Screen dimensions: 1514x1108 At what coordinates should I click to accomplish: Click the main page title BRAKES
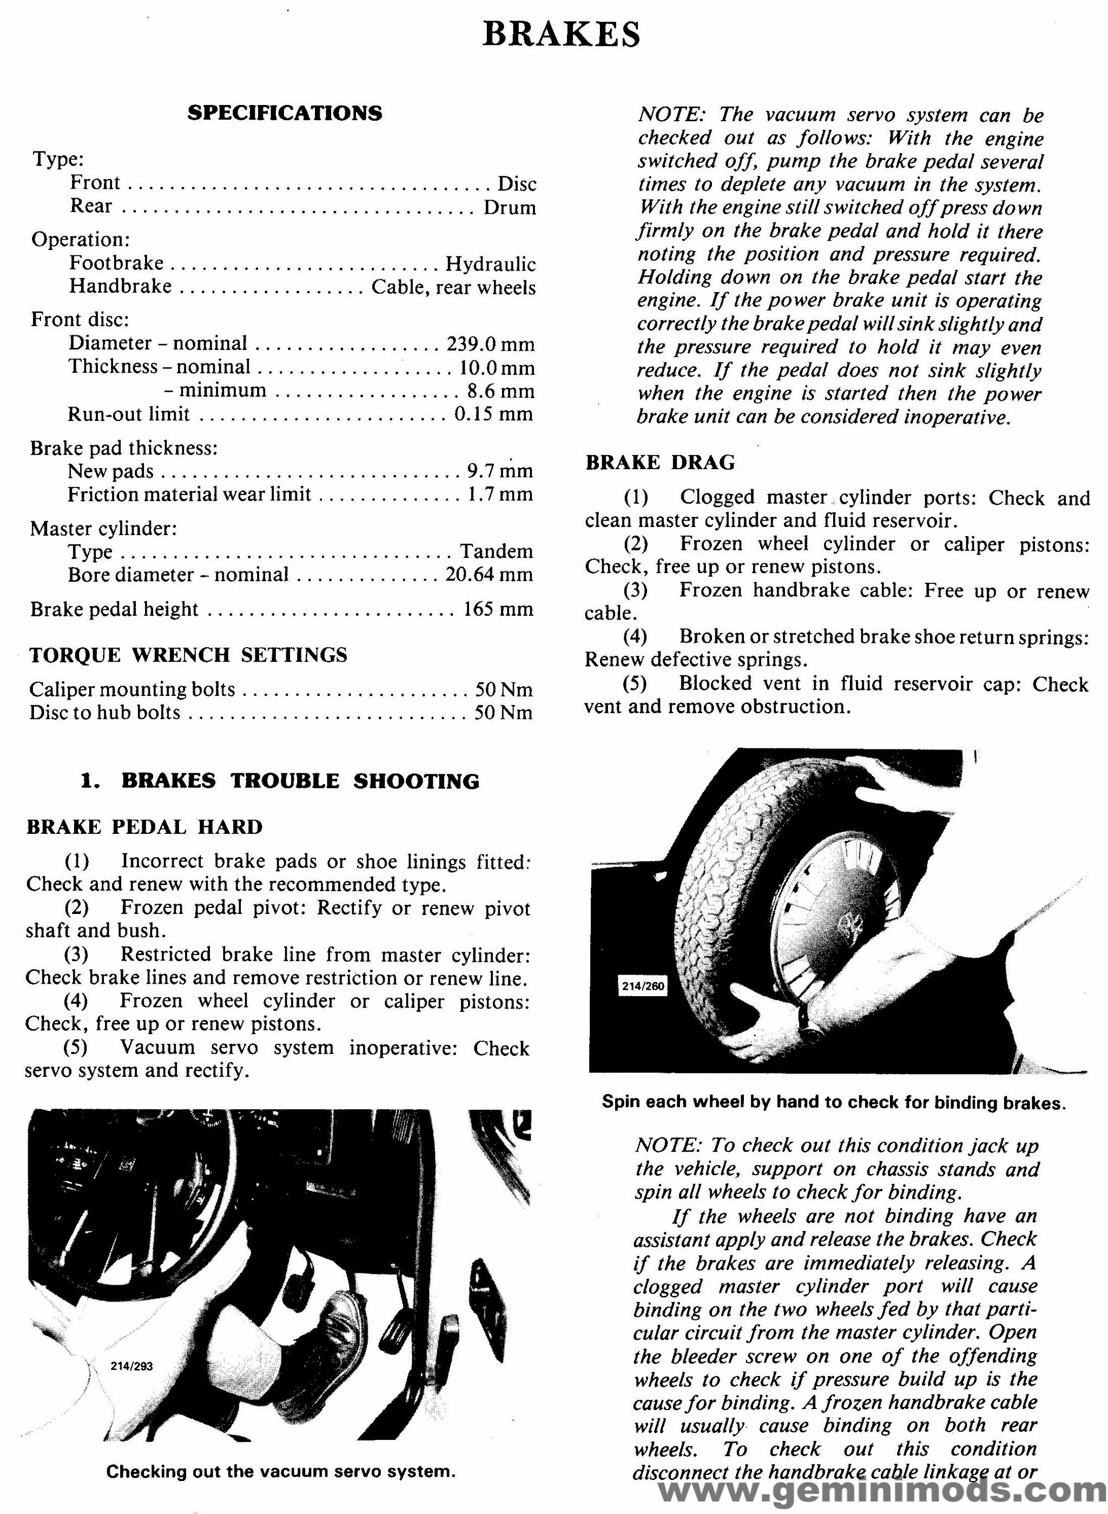click(x=560, y=34)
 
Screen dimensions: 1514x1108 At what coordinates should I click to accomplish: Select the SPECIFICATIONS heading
click(x=285, y=113)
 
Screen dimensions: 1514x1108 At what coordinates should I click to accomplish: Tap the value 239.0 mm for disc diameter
click(x=490, y=344)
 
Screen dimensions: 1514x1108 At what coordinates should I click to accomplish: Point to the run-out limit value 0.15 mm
click(x=493, y=414)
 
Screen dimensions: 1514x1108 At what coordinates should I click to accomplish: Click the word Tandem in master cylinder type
click(x=496, y=551)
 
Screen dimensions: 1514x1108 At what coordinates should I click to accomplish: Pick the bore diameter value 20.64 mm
click(x=489, y=575)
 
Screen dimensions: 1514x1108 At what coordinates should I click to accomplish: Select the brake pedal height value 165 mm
click(x=498, y=609)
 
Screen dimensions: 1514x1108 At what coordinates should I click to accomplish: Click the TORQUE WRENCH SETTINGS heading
click(x=188, y=655)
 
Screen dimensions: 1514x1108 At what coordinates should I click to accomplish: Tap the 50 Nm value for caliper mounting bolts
click(x=504, y=689)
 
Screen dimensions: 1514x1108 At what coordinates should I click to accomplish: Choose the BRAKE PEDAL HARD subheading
click(x=144, y=827)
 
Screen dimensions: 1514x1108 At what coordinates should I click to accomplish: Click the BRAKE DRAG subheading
click(x=660, y=463)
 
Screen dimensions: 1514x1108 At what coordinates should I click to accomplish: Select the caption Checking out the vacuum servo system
click(x=280, y=1472)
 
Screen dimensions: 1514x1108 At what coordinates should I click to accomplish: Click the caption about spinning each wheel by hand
click(x=833, y=1102)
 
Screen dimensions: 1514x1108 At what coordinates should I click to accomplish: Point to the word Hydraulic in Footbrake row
click(x=490, y=264)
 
